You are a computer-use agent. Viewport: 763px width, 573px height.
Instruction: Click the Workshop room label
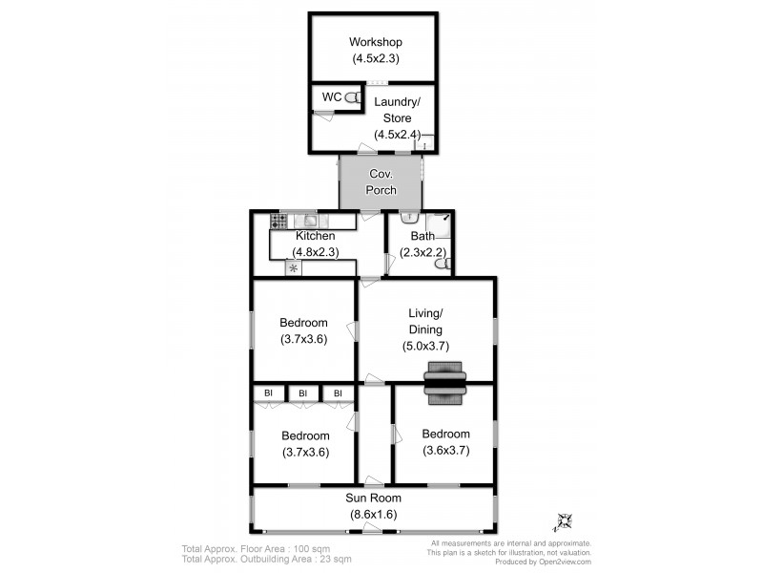coord(375,42)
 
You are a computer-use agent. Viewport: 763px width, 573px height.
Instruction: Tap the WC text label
coord(331,97)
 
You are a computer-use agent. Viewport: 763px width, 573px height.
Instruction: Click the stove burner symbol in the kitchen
coord(278,221)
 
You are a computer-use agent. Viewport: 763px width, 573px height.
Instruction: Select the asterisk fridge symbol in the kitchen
coord(293,268)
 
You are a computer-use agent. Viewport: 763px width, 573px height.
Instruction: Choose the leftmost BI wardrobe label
coord(269,393)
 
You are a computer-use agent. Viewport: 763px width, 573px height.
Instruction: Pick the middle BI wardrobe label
coord(303,393)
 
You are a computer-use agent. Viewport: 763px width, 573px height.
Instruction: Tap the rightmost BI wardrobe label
coord(337,393)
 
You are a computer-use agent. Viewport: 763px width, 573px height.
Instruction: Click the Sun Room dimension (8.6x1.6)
coord(373,515)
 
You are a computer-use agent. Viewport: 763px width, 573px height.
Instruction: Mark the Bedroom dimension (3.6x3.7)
coord(444,449)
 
